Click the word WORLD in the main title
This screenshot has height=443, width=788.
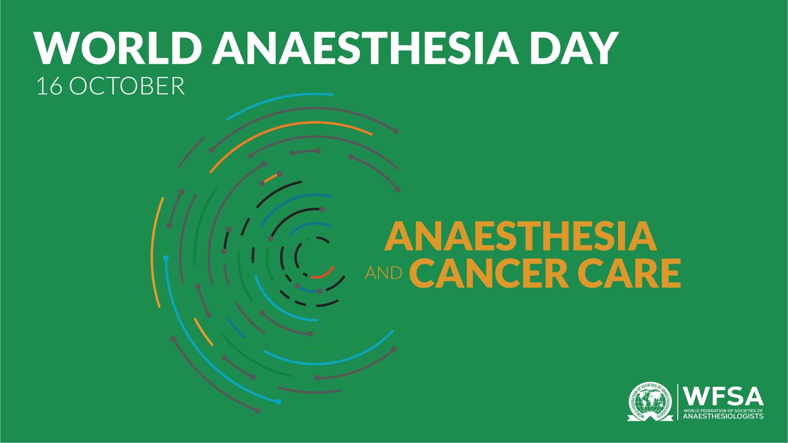coord(118,48)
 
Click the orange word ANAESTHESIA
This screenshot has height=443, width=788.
coord(521,236)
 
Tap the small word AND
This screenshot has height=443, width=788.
coord(384,273)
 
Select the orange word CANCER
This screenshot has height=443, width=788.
coord(489,273)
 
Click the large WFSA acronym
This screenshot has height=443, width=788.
coord(723,397)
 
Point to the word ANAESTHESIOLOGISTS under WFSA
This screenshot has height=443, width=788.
coord(723,416)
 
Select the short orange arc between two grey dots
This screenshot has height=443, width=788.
coord(271,178)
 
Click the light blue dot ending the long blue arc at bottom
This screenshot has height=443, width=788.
coord(279,401)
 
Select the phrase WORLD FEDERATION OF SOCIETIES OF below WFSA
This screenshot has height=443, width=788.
coord(723,411)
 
